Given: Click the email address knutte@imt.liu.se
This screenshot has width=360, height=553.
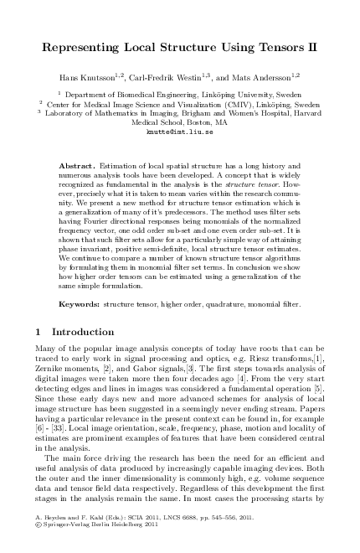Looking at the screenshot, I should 180,132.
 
